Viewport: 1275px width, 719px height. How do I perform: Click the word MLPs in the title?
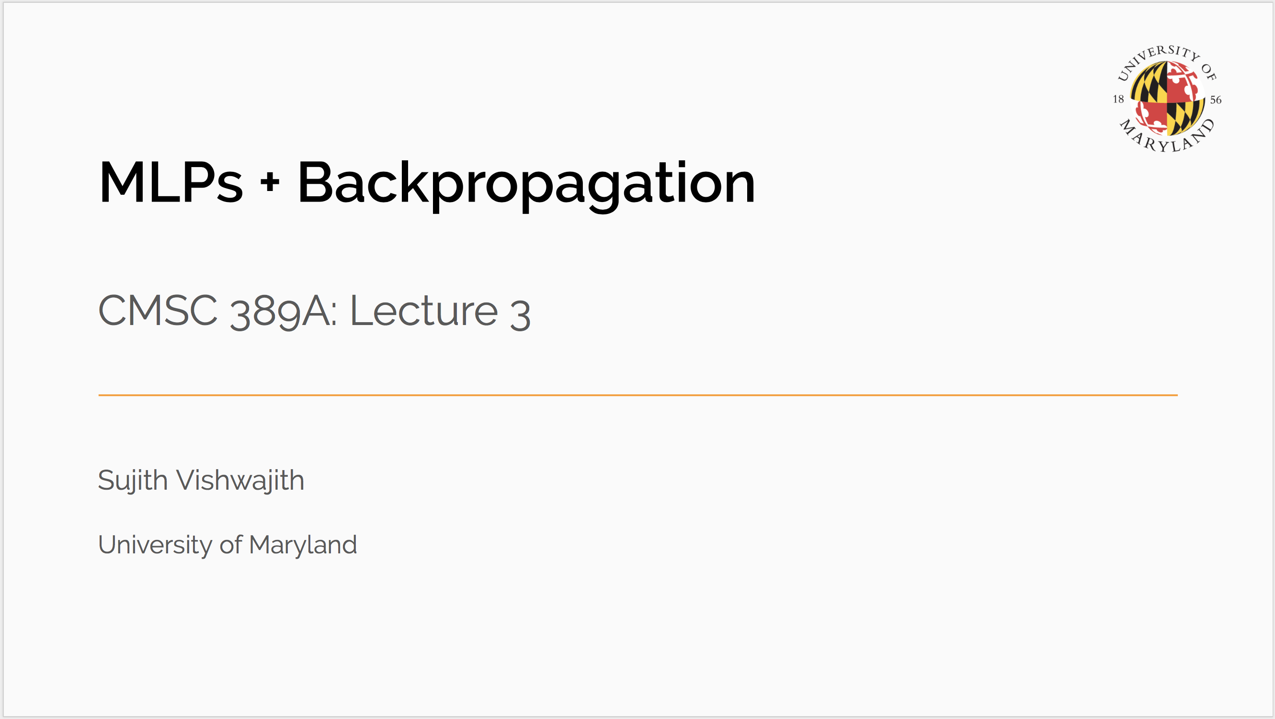coord(171,182)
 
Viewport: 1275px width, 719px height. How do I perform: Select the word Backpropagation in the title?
coord(526,186)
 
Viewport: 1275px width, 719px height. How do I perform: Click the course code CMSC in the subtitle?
coord(158,310)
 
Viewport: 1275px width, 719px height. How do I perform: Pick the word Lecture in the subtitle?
coord(424,310)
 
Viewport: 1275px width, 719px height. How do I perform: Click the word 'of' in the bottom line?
coord(231,544)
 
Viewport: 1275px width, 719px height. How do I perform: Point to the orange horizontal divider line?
coord(638,395)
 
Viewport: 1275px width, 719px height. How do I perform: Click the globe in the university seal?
coord(1167,99)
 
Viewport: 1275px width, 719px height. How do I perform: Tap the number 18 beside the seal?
coord(1118,99)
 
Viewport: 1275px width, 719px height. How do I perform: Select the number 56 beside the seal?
coord(1216,100)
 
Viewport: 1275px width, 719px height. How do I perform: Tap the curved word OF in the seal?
coord(1209,72)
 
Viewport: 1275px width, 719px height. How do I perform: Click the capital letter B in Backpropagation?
coord(315,182)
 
